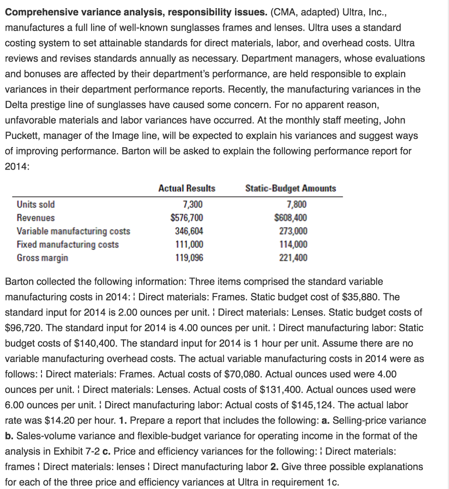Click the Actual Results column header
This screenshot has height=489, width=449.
coord(186,188)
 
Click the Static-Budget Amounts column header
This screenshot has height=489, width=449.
coord(290,188)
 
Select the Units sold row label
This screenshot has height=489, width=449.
coord(36,204)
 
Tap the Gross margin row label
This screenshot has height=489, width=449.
coord(42,258)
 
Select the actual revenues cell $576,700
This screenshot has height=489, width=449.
coord(187,218)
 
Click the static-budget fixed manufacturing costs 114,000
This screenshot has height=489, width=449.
coord(293,244)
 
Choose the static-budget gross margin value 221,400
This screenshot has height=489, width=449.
coord(293,258)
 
